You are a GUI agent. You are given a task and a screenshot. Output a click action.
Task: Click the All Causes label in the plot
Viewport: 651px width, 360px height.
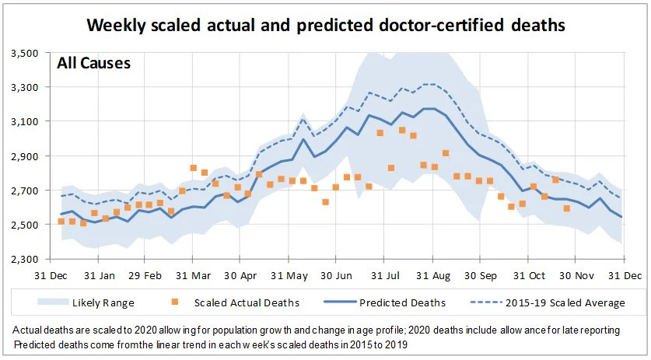[x=93, y=62]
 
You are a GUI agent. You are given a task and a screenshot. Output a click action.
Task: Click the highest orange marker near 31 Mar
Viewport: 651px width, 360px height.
[x=193, y=168]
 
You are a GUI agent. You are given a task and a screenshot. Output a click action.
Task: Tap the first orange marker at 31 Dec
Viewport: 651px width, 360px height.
[x=61, y=222]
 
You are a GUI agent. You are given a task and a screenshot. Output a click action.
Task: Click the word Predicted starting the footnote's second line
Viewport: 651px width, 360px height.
[x=37, y=344]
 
